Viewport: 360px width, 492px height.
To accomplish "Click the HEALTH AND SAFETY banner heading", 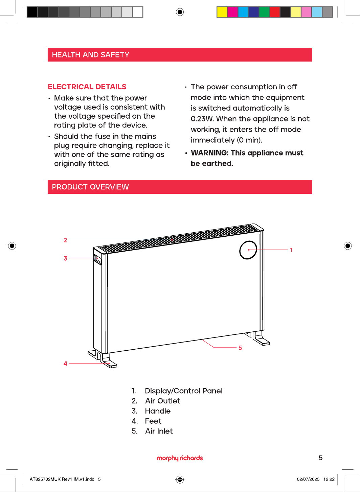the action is coord(90,55).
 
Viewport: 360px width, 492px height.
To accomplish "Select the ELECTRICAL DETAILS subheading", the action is coord(87,87).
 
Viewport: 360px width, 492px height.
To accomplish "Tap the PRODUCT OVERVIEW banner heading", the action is coord(90,187).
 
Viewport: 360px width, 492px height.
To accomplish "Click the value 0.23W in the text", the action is coord(202,119).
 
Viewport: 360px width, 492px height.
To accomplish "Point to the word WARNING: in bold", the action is coord(209,153).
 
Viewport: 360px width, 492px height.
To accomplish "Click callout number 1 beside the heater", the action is coord(291,250).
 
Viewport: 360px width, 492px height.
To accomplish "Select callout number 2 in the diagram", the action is coord(66,240).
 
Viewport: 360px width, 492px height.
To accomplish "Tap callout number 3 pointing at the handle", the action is coord(66,258).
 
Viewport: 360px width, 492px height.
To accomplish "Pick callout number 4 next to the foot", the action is coord(65,364).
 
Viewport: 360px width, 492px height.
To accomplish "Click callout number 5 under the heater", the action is coord(240,348).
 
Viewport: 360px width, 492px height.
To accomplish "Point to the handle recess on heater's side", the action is coord(97,259).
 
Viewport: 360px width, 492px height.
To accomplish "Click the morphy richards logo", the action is coord(180,458).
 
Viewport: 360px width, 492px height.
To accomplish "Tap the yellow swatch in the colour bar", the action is coord(222,12).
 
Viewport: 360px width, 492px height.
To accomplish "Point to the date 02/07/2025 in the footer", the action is coord(308,479).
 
